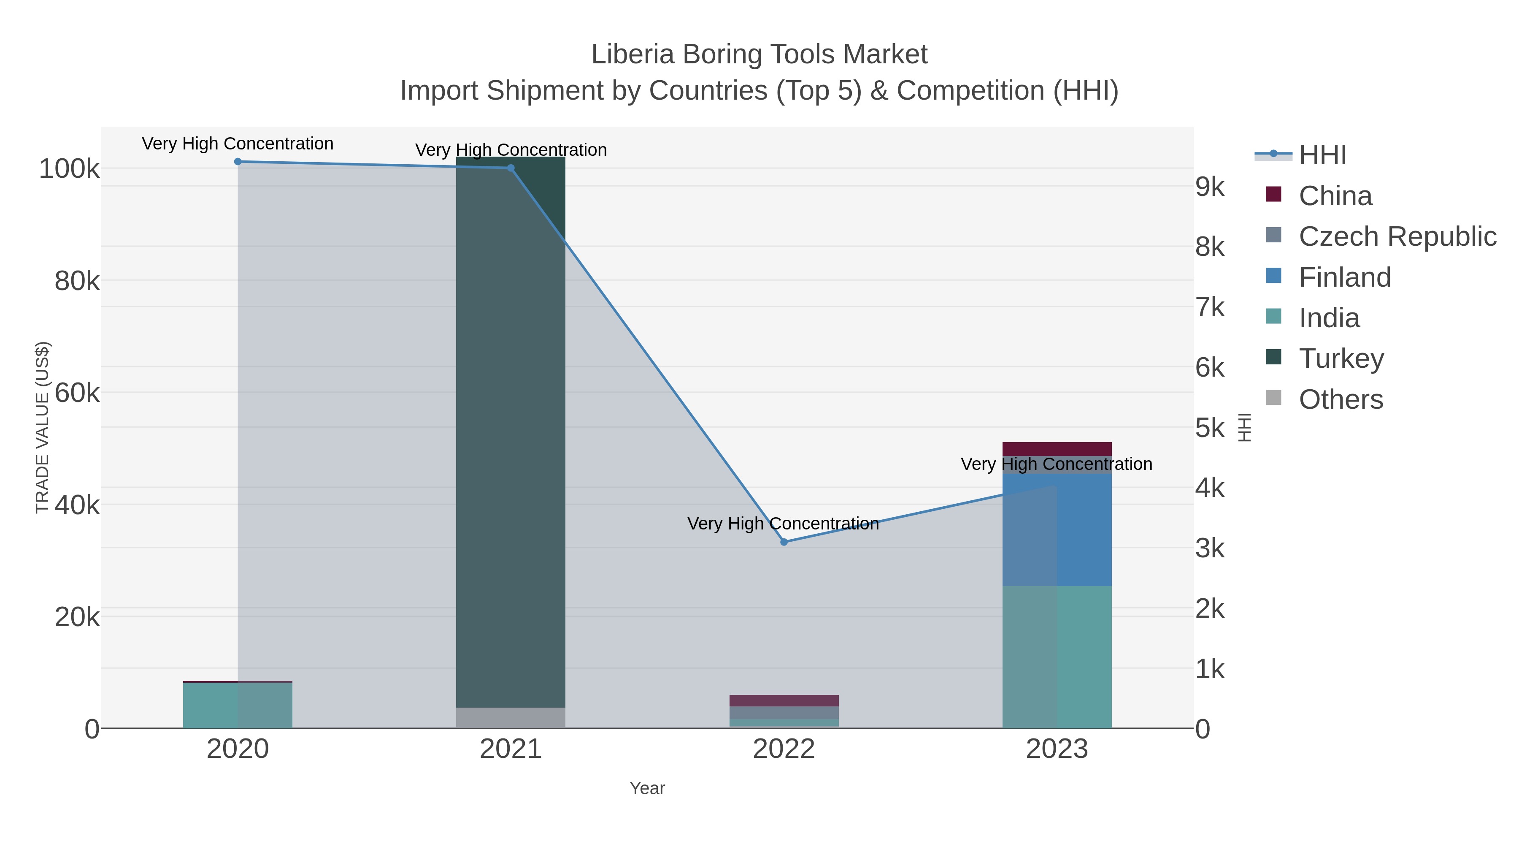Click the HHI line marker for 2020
[x=238, y=162]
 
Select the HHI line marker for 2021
[x=511, y=168]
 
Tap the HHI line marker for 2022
[x=784, y=542]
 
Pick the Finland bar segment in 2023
[x=1057, y=529]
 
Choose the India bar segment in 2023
[x=1057, y=657]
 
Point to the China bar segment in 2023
[x=1057, y=448]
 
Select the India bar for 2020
[x=238, y=705]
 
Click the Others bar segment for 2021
[x=511, y=717]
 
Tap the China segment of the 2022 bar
[x=784, y=700]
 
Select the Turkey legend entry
[x=1341, y=359]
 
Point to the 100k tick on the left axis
[x=69, y=169]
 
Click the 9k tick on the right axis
[x=1210, y=187]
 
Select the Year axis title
[x=647, y=788]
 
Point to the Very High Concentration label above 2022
[x=783, y=524]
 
